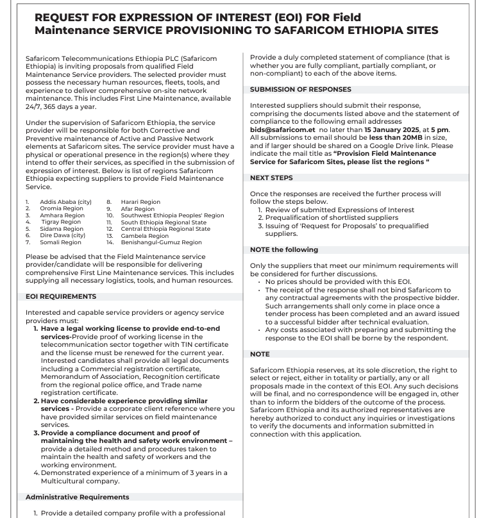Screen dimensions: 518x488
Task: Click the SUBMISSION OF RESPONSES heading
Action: click(300, 89)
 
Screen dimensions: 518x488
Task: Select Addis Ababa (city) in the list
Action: click(65, 202)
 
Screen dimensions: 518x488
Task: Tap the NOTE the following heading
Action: click(283, 249)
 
